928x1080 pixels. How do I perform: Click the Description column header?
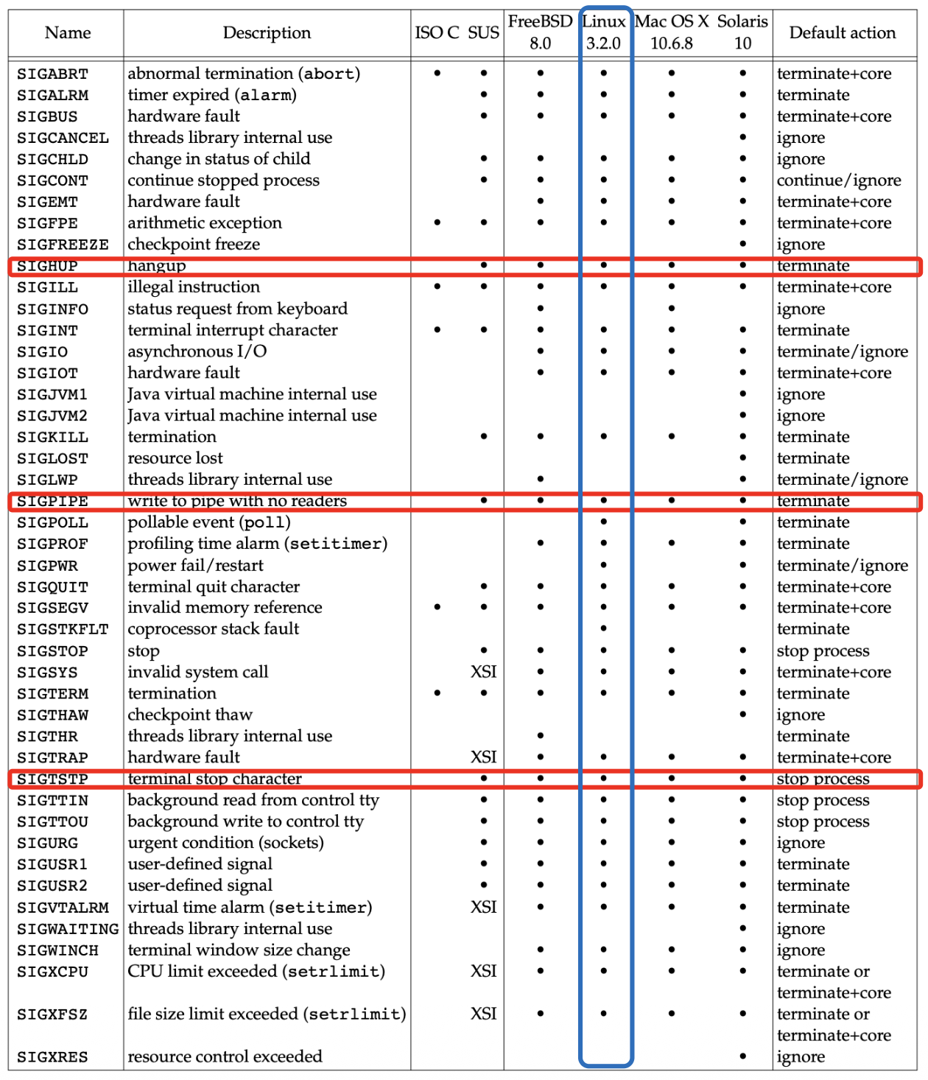pos(267,33)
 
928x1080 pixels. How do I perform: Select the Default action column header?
pos(842,33)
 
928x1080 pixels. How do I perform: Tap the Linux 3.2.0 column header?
pos(604,32)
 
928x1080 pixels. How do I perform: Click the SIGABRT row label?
pos(52,74)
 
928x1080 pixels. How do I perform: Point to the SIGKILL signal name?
pos(52,437)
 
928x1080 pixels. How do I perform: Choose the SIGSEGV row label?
pos(52,608)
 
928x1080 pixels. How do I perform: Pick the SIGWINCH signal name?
pos(57,950)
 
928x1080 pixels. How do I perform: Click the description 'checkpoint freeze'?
pos(194,245)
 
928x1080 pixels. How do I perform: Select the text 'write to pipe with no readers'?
pos(237,501)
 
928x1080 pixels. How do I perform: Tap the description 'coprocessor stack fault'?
pos(214,629)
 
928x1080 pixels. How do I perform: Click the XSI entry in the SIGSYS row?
pos(483,672)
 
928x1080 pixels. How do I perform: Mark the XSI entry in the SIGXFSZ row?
pos(483,1014)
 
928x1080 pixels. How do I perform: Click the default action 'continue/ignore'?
pos(839,180)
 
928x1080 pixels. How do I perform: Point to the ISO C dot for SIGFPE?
pos(437,222)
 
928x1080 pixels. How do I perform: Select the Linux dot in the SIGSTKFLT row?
pos(604,628)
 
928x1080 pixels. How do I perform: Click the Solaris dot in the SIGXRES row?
pos(742,1056)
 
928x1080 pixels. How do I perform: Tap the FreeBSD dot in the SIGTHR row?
pos(541,736)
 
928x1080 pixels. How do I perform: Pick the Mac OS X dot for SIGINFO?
pos(672,309)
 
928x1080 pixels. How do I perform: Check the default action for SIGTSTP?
pos(823,779)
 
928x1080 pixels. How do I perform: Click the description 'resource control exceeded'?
pos(225,1056)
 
